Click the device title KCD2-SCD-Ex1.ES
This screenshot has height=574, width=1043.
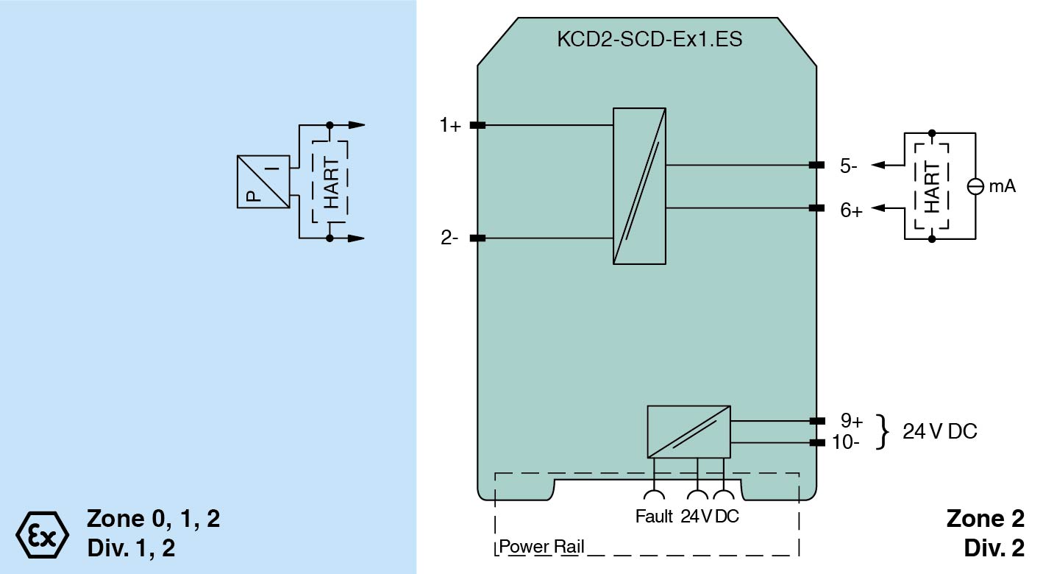point(650,40)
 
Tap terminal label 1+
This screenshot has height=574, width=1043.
point(450,126)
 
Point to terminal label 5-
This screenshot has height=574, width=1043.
point(849,166)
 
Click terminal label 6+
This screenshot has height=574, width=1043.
point(851,210)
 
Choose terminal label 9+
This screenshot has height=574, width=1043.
point(851,421)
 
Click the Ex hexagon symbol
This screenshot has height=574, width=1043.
point(42,533)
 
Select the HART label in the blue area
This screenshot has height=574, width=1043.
point(331,183)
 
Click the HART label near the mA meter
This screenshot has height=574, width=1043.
point(932,188)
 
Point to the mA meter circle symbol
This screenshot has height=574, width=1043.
point(975,187)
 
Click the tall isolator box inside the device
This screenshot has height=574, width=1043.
point(639,185)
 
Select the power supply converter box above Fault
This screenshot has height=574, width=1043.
point(688,431)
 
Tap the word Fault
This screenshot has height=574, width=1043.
point(654,517)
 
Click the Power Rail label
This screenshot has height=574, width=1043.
point(541,548)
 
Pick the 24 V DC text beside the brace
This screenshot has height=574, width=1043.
point(940,432)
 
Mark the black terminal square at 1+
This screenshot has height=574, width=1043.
point(477,126)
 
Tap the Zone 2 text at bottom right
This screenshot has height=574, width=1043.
point(985,519)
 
